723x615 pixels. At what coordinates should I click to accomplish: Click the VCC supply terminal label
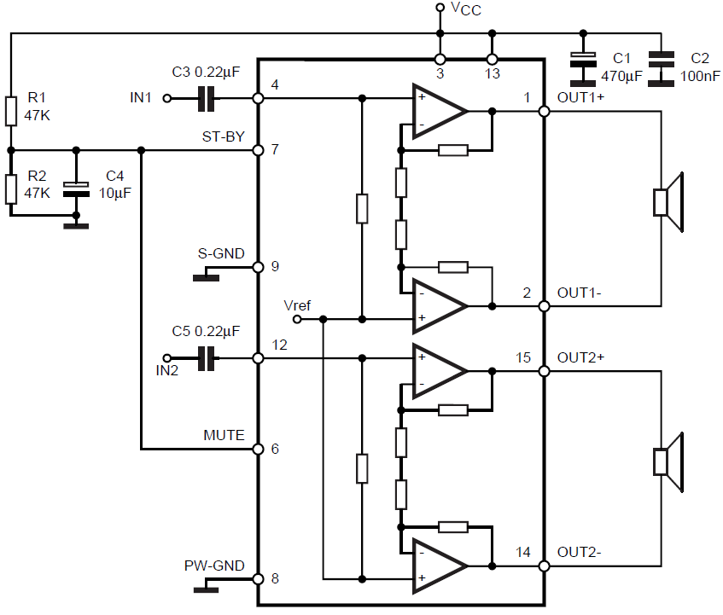(x=466, y=9)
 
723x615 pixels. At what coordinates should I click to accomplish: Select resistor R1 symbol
(x=11, y=111)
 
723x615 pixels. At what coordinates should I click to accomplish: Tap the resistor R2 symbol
(x=11, y=189)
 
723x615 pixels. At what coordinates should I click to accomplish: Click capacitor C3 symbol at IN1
(x=206, y=98)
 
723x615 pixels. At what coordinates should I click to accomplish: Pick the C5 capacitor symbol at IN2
(x=206, y=358)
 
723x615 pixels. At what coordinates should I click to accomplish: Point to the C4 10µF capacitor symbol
(x=76, y=189)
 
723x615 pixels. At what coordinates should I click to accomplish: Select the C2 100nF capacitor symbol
(x=661, y=69)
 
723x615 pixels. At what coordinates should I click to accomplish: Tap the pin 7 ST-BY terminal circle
(x=258, y=150)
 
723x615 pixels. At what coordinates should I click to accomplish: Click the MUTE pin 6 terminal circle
(x=258, y=450)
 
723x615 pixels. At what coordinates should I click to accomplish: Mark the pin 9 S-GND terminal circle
(x=258, y=267)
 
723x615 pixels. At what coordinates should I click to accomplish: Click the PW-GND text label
(x=214, y=566)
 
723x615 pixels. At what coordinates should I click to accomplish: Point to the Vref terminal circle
(x=297, y=319)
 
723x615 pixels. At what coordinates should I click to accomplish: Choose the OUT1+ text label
(x=580, y=97)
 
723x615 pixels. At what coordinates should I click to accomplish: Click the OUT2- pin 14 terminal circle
(x=544, y=566)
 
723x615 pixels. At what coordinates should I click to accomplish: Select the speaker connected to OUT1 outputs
(x=668, y=202)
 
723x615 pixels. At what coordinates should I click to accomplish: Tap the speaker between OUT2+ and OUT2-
(x=668, y=462)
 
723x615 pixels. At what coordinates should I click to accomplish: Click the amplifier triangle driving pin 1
(x=439, y=111)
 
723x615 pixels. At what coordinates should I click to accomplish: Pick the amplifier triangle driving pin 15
(x=439, y=371)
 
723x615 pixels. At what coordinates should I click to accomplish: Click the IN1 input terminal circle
(x=167, y=98)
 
